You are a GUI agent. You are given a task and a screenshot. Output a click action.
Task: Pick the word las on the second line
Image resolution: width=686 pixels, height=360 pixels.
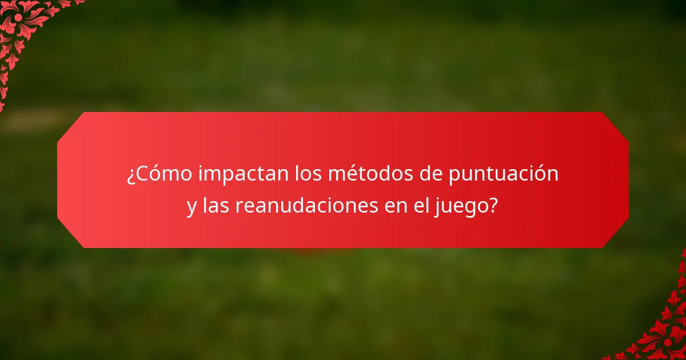point(216,205)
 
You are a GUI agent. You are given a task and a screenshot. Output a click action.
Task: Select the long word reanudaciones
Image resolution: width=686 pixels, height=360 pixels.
point(304,205)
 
